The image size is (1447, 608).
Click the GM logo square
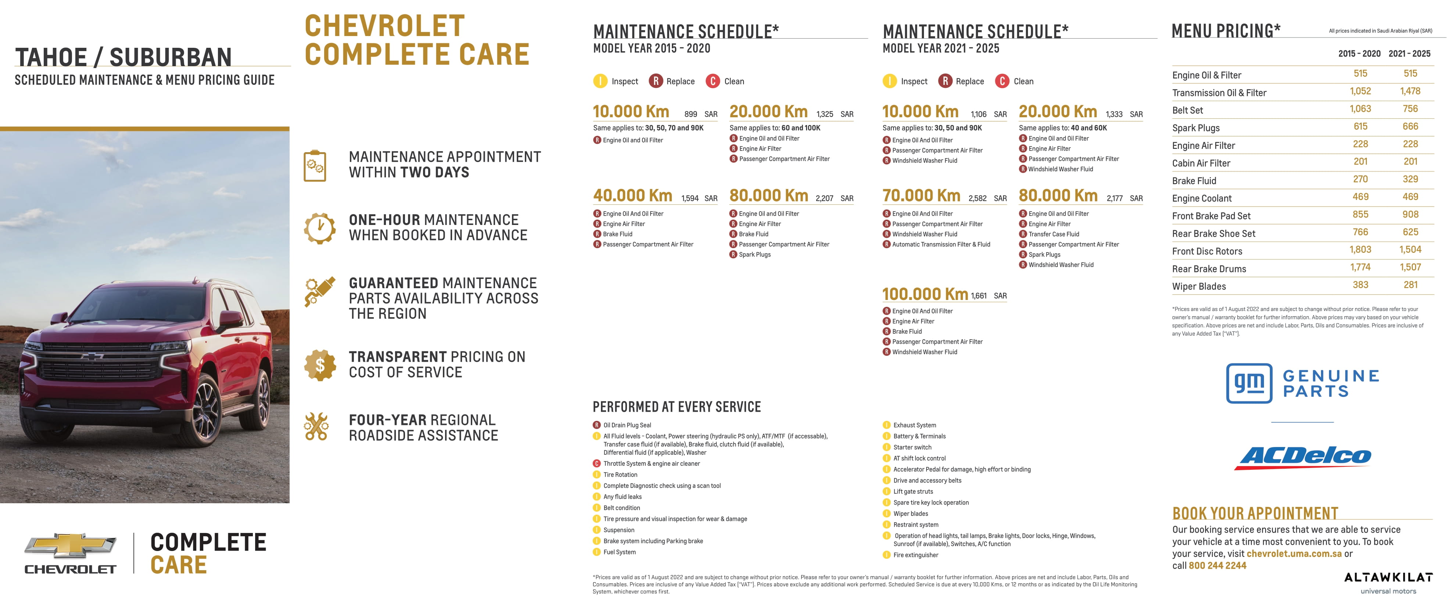point(1249,383)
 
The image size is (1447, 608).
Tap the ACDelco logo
point(1303,457)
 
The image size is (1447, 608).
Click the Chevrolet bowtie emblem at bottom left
point(70,546)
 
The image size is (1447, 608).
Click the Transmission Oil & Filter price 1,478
point(1410,91)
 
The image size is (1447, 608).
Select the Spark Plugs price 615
point(1360,126)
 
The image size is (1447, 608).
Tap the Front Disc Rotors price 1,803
point(1360,250)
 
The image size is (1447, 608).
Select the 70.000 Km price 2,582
point(977,199)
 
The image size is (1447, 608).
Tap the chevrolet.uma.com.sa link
point(1294,554)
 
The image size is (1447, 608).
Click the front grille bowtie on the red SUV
point(92,356)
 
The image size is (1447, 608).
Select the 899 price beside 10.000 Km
point(690,114)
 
